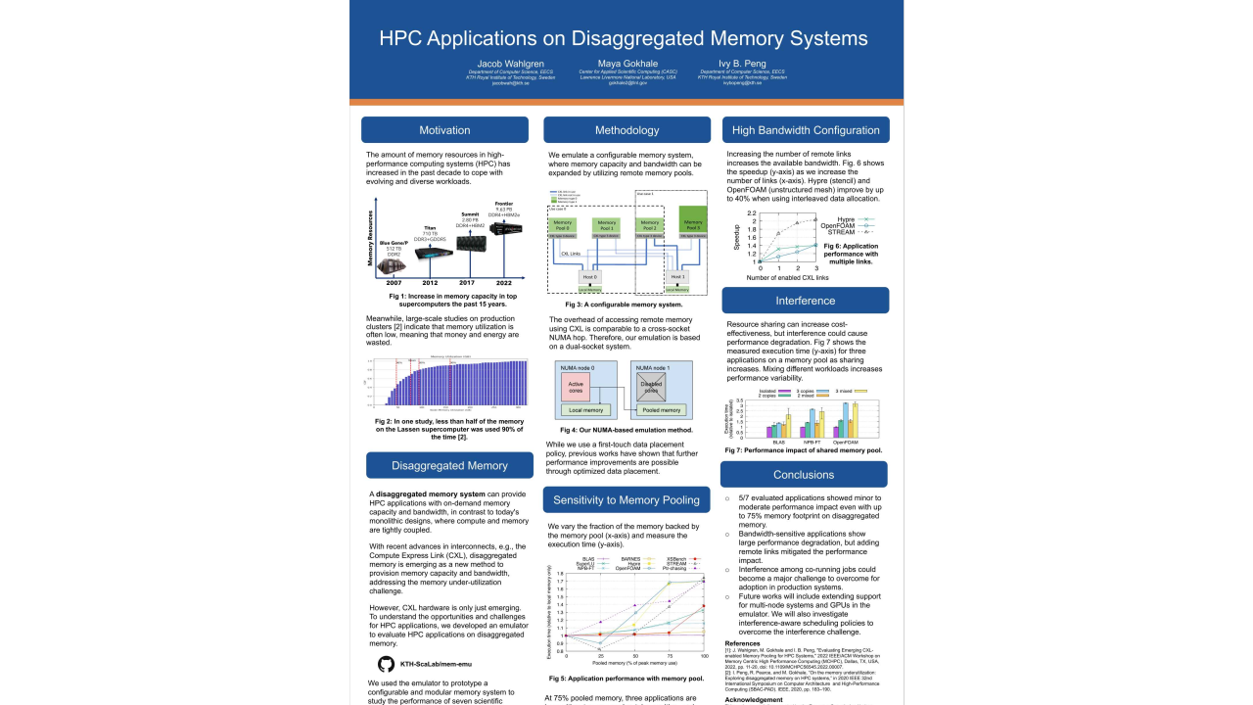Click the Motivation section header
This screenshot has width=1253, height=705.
click(444, 130)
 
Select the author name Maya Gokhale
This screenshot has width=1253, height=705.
click(627, 64)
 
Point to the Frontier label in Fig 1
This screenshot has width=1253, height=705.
click(503, 204)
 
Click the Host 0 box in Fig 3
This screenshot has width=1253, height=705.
click(589, 277)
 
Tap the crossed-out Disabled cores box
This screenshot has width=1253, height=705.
click(651, 386)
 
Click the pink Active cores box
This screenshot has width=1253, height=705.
click(576, 386)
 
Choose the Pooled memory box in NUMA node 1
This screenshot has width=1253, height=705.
click(662, 409)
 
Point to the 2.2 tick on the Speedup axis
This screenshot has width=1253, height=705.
click(752, 213)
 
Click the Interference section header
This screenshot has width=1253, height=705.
click(806, 301)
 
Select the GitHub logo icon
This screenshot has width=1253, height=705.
click(386, 664)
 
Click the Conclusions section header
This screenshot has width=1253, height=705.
click(804, 475)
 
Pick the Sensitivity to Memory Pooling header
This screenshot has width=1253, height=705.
click(626, 499)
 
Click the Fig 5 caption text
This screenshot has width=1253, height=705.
click(626, 679)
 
